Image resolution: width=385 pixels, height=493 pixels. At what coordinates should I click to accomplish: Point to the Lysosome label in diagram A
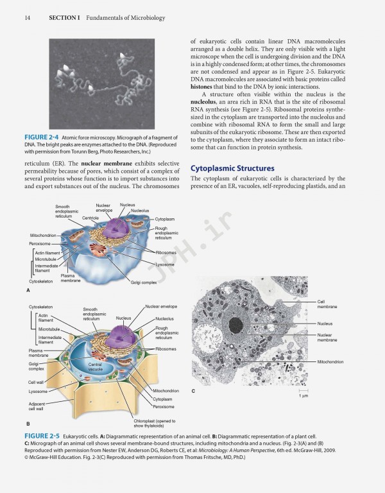point(165,264)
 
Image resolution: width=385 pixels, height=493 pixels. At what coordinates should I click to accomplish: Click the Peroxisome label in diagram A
point(40,244)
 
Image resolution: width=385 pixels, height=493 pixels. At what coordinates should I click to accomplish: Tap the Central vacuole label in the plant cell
point(95,367)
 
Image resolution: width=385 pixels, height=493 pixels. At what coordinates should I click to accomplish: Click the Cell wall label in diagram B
point(36,382)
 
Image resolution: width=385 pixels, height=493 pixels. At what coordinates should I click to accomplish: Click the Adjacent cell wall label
point(36,405)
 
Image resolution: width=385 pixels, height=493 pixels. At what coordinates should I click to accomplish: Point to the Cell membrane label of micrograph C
point(327,304)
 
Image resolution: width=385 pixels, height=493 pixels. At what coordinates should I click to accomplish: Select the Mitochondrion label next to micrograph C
point(330,362)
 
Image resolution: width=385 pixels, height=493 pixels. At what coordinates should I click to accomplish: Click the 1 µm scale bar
point(303,390)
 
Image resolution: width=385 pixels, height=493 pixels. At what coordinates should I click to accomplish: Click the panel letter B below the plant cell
point(28,424)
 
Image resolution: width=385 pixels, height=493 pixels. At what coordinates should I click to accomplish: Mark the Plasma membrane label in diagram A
point(71,278)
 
